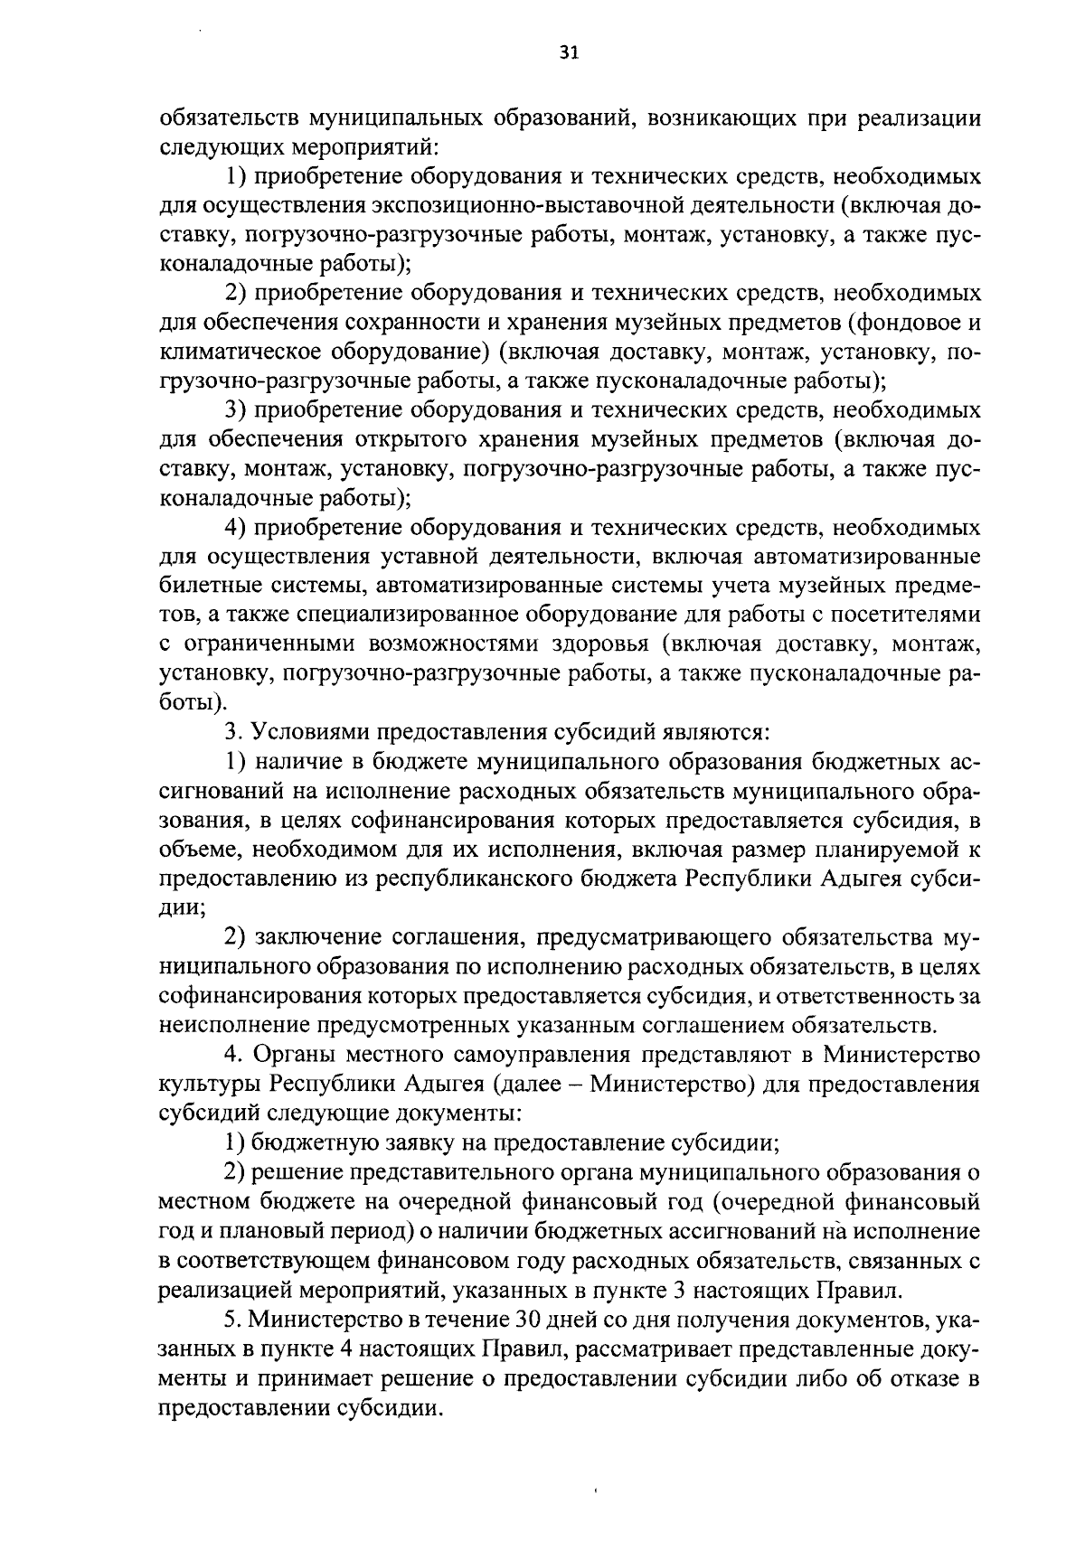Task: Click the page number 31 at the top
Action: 569,52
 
